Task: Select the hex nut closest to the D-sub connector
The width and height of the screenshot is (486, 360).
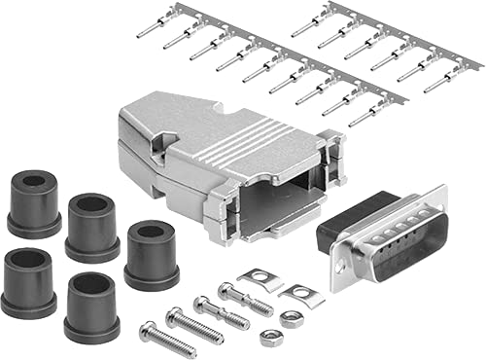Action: tap(289, 317)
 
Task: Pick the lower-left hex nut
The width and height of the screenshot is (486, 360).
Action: tap(270, 339)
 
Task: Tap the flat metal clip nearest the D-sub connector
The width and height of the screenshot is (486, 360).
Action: tap(301, 295)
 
